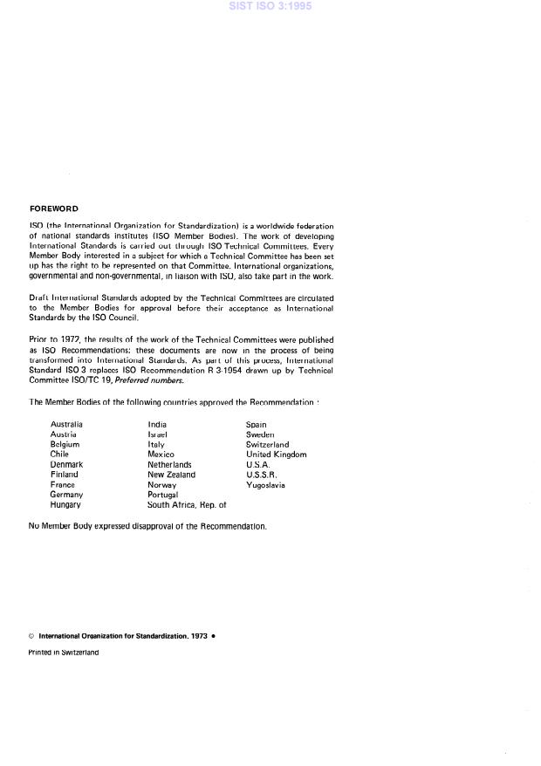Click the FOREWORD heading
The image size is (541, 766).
point(53,209)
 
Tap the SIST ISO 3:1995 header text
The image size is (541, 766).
point(270,6)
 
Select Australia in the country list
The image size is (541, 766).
point(66,424)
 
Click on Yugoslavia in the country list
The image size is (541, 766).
point(265,484)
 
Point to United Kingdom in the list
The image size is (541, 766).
point(276,455)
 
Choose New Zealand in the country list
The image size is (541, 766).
point(171,475)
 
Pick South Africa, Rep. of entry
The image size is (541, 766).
point(187,504)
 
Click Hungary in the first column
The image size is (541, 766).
point(65,504)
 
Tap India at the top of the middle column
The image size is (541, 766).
point(157,424)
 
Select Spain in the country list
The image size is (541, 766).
point(257,424)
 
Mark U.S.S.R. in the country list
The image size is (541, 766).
point(262,475)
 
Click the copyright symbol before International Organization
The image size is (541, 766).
point(31,636)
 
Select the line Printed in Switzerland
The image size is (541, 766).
point(63,652)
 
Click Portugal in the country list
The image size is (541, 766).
point(162,495)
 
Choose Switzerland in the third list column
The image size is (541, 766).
point(267,444)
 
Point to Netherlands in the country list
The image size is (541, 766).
point(169,464)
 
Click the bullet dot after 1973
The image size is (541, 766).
point(214,636)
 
